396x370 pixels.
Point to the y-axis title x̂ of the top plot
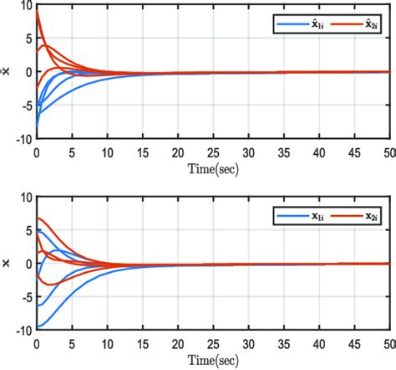8,73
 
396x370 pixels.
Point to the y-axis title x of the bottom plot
8,265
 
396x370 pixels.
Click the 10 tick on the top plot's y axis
25,9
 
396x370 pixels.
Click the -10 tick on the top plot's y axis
23,140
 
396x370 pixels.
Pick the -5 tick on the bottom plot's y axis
25,296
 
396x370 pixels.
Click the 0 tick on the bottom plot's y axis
28,265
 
